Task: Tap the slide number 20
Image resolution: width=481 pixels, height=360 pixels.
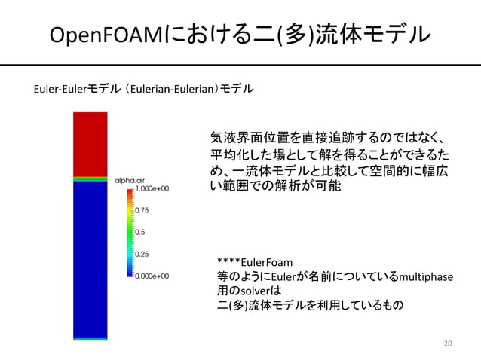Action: pyautogui.click(x=448, y=343)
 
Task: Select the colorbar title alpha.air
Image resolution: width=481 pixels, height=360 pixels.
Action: pyautogui.click(x=131, y=180)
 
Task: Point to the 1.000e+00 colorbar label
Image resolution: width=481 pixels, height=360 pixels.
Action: pyautogui.click(x=152, y=189)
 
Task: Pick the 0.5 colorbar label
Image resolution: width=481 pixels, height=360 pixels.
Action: pyautogui.click(x=139, y=233)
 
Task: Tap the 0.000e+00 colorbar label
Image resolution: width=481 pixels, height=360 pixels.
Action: pyautogui.click(x=152, y=276)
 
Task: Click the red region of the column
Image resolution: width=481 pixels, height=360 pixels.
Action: pyautogui.click(x=90, y=143)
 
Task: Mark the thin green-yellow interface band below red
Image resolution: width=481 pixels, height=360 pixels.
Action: pyautogui.click(x=90, y=179)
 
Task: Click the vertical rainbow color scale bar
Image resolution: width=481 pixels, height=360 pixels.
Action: pyautogui.click(x=130, y=233)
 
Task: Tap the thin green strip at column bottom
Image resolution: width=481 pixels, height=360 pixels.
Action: pyautogui.click(x=90, y=340)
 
